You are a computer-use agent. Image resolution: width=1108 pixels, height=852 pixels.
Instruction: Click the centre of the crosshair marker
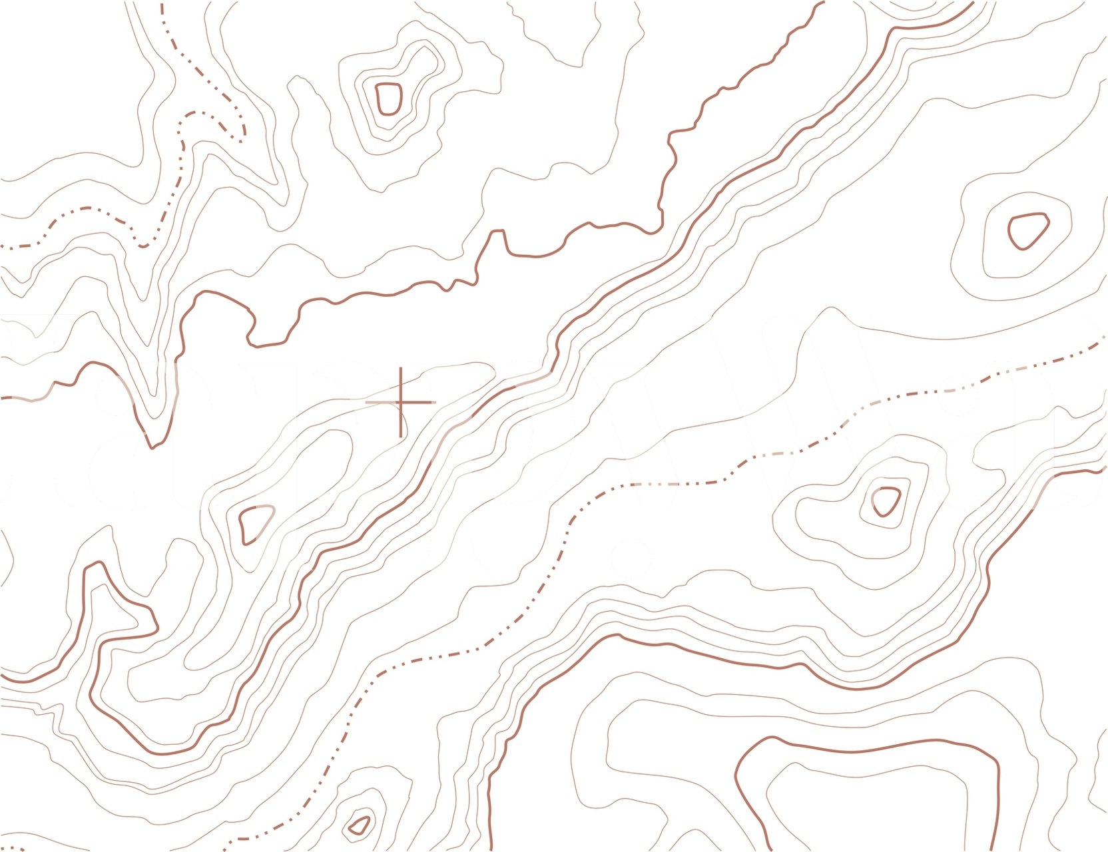[400, 402]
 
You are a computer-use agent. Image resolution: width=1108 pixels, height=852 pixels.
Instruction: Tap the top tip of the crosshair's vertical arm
[400, 367]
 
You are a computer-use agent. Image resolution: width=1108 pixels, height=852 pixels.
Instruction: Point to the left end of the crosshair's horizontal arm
[366, 402]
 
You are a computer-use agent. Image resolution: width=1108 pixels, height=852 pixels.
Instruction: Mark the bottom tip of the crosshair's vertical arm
[400, 437]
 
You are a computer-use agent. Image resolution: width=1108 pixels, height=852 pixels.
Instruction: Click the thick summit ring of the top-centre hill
[388, 98]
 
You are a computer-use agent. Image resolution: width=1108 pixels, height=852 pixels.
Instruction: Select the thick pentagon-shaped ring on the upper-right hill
[1027, 230]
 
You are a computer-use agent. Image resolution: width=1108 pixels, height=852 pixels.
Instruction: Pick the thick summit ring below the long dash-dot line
[886, 501]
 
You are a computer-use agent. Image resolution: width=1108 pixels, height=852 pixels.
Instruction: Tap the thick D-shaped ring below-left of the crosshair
[255, 524]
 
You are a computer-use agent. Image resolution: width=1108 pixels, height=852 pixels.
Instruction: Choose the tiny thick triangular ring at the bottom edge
[360, 826]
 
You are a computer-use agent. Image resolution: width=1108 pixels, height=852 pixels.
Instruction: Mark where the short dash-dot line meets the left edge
[1, 246]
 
